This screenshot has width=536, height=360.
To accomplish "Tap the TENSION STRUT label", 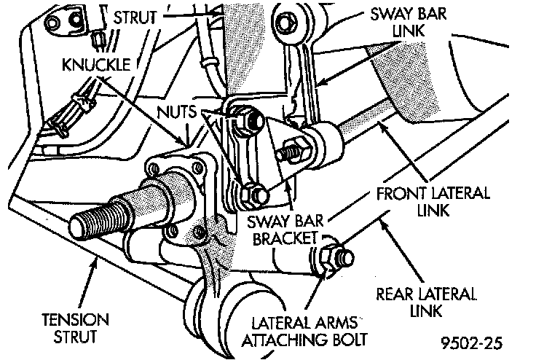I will (76, 328).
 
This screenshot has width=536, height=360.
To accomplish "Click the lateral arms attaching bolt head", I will (334, 257).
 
